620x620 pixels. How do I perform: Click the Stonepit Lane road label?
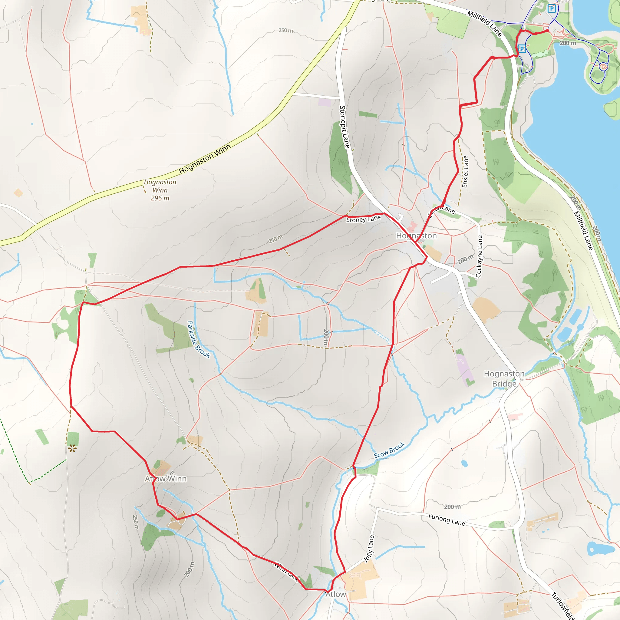pos(345,127)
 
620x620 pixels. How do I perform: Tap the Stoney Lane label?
pos(363,219)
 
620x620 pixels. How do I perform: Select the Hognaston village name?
pos(416,236)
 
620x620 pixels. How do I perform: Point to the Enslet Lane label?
pos(465,172)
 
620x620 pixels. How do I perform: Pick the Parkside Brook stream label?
pos(199,340)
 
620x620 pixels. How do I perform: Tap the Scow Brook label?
pos(389,450)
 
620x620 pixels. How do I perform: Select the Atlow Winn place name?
pos(166,479)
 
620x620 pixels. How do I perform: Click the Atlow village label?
pos(336,594)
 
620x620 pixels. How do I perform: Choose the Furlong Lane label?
pos(447,519)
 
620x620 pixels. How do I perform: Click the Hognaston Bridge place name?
pos(504,379)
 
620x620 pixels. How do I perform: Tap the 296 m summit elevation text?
pos(160,198)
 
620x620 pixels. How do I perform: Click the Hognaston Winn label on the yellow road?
pos(205,159)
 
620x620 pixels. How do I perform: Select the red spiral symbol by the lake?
pos(603,66)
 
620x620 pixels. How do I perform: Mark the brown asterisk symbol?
pos(72,448)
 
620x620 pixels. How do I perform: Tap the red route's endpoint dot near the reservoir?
pos(548,31)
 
